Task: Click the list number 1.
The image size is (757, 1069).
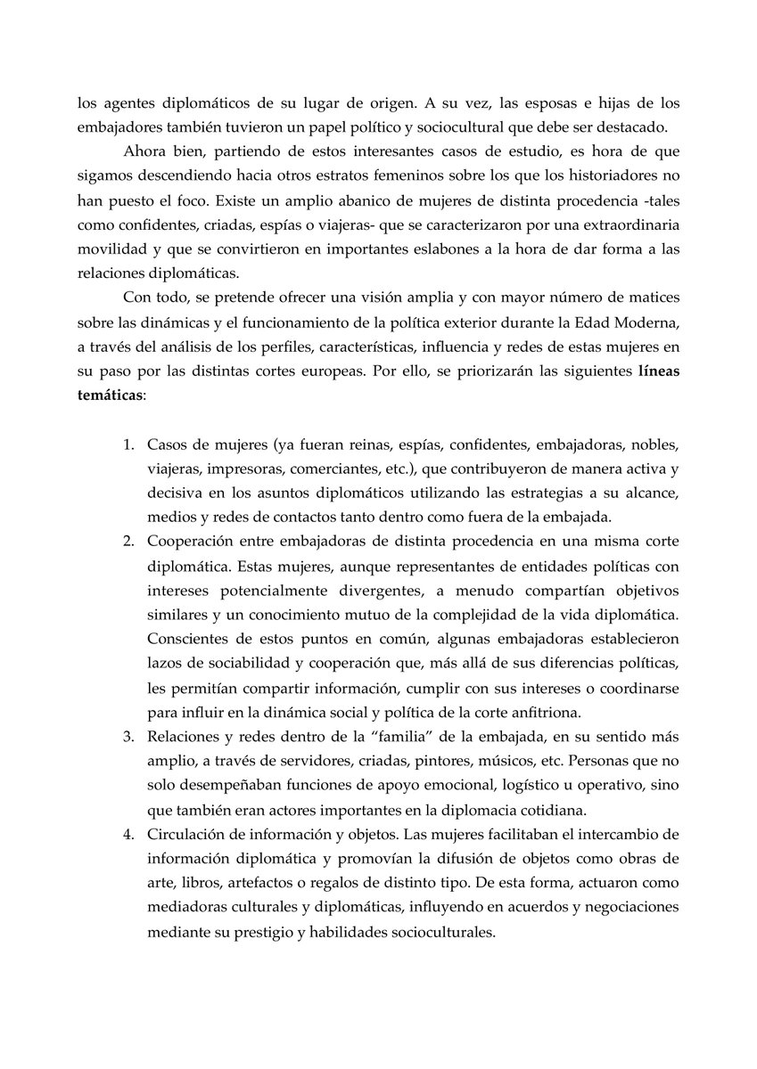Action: click(x=128, y=445)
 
